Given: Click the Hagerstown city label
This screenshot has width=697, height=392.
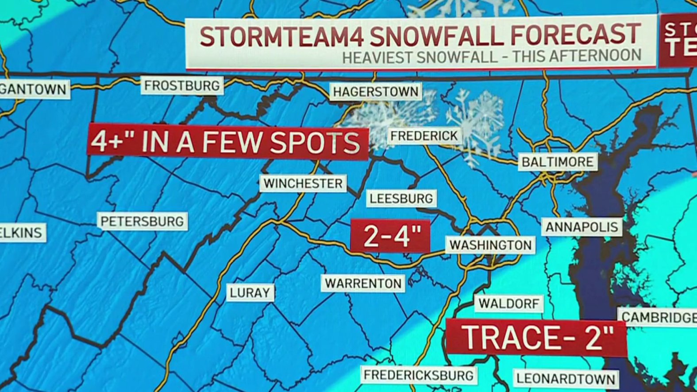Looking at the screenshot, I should (x=376, y=92).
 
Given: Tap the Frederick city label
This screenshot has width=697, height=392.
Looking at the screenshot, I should (x=424, y=136).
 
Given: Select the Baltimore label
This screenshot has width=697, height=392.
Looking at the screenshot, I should (x=557, y=161).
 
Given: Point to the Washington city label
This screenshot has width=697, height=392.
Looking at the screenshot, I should (x=490, y=245).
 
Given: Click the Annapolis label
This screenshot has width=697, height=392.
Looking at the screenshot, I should (x=581, y=227).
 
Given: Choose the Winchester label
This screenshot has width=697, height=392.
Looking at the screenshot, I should (x=303, y=183).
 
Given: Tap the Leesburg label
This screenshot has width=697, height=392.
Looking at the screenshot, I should (x=401, y=199).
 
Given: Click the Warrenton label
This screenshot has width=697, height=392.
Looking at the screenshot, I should (x=363, y=283).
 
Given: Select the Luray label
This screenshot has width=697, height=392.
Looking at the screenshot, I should (x=250, y=292).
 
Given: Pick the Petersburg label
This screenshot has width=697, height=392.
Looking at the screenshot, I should (x=142, y=221).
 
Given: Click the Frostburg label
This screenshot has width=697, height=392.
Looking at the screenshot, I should (x=182, y=85).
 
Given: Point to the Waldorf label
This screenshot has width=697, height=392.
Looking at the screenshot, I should (x=509, y=304).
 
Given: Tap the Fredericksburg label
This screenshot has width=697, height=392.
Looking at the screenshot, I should (x=419, y=375).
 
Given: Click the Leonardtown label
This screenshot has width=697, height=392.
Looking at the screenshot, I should (x=566, y=379).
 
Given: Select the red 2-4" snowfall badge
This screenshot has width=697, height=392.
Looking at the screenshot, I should (x=390, y=236).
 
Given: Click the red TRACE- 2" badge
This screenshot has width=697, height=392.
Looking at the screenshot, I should (x=536, y=337).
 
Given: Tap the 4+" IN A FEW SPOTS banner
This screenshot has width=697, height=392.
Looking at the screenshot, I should (x=227, y=142).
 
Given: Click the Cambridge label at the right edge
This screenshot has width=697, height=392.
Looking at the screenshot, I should (x=658, y=317).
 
